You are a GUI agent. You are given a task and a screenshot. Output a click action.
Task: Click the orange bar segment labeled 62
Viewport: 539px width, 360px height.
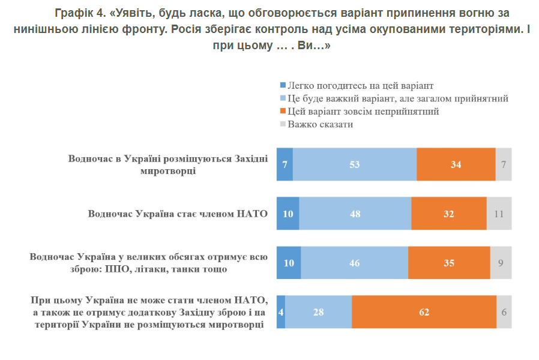coord(424,312)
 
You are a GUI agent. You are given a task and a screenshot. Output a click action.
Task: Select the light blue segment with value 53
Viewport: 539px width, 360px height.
coord(355,164)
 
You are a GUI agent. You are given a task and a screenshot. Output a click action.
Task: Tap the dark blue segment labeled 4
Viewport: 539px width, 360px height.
coord(281,312)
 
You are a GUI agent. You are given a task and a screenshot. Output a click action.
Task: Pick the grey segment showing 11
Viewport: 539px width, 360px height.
coord(499,214)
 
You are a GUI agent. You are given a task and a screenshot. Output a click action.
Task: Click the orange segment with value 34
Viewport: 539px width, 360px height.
coord(456,164)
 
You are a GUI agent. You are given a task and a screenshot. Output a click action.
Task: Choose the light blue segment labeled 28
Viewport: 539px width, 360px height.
coord(318,312)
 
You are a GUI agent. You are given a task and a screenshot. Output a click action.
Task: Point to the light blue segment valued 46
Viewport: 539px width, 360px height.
coord(354,263)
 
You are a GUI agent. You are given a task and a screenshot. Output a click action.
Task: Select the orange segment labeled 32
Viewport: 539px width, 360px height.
coord(448,214)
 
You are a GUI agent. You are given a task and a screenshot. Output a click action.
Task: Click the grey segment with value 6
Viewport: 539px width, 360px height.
coord(504,312)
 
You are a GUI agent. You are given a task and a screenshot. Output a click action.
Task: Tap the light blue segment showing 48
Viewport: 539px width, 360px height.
coord(355,214)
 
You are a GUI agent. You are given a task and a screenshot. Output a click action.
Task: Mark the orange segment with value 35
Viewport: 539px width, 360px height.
coord(448,263)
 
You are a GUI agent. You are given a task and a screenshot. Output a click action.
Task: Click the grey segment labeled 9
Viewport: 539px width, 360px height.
coord(501,263)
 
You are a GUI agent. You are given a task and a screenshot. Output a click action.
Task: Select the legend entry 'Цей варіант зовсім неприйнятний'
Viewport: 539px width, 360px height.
coord(363,112)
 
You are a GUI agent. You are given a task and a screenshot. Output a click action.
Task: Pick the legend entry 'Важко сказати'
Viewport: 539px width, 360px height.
coord(320,125)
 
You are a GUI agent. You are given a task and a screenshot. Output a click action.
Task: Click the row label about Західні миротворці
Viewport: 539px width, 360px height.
coord(167,164)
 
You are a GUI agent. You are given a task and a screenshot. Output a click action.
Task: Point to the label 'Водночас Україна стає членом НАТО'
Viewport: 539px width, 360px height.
coord(177,214)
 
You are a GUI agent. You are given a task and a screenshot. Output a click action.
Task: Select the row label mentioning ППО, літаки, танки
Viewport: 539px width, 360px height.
coord(149,263)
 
